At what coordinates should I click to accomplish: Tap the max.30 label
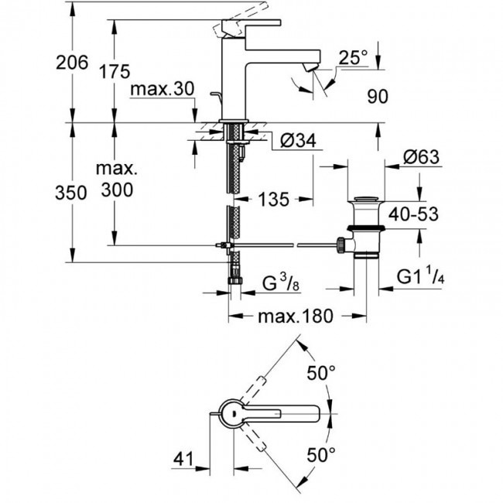[x=161, y=90]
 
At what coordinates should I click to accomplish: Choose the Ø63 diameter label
[x=421, y=157]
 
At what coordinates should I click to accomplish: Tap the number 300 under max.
[x=115, y=190]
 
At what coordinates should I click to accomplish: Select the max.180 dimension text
[x=296, y=316]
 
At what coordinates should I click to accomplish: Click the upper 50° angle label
[x=320, y=373]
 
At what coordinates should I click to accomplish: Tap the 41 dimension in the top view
[x=181, y=459]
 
